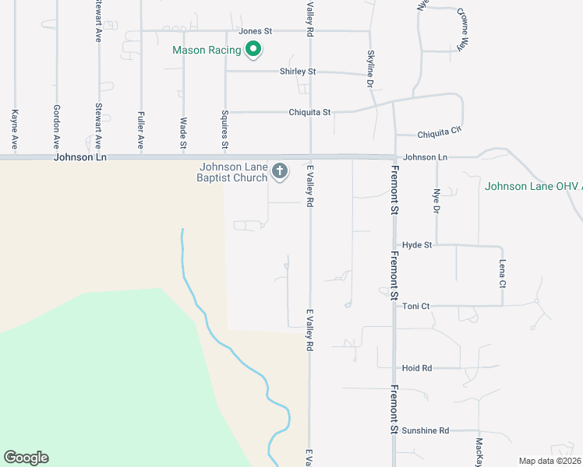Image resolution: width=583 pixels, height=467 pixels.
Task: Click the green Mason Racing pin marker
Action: [253, 51]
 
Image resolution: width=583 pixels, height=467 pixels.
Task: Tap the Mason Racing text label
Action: [207, 51]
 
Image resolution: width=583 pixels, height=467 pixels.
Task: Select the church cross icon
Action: [280, 170]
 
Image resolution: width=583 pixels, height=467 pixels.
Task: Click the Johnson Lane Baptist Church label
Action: [234, 172]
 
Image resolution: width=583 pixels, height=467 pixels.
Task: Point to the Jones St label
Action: [255, 31]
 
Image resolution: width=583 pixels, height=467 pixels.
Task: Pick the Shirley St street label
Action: [298, 72]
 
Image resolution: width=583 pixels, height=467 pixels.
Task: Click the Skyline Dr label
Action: [370, 68]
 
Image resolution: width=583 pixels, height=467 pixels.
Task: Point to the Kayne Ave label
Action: [15, 129]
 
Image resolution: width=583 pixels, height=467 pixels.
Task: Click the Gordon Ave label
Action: [56, 127]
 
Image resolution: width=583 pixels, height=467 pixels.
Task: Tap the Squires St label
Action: [224, 129]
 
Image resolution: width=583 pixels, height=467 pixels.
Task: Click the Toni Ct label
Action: [415, 307]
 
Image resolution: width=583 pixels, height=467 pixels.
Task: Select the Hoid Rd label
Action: [417, 368]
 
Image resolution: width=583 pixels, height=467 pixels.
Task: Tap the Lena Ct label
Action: [503, 272]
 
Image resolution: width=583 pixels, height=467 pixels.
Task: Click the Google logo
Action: [26, 458]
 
